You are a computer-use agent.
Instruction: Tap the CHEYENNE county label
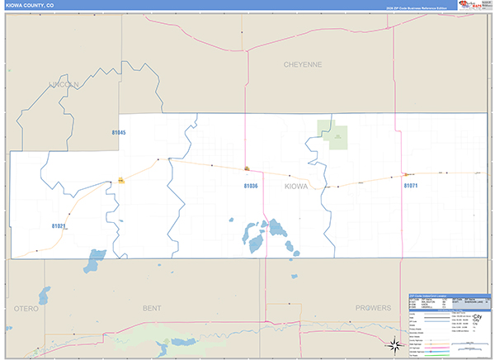(x=303, y=64)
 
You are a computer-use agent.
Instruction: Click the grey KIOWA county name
(x=295, y=187)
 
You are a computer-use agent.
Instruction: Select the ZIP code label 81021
(x=58, y=225)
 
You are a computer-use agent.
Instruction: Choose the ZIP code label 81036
(x=251, y=187)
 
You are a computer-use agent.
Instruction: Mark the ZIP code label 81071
(x=411, y=187)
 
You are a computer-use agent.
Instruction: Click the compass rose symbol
(x=396, y=344)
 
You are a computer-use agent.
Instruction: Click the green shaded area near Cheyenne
(x=332, y=134)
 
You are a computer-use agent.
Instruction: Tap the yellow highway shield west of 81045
(x=121, y=178)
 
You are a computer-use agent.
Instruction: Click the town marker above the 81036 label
(x=246, y=169)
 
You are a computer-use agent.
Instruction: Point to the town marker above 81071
(x=406, y=174)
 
